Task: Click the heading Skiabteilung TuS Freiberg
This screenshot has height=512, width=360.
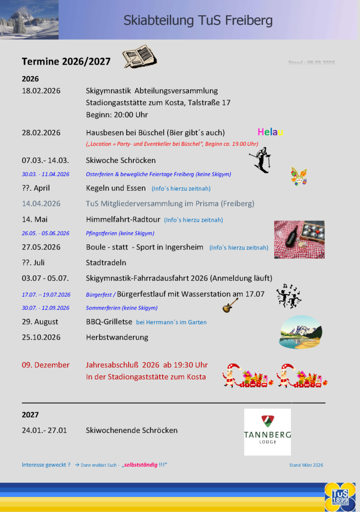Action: [198, 20]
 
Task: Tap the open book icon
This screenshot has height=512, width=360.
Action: [139, 57]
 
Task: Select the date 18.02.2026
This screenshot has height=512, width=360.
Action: [41, 91]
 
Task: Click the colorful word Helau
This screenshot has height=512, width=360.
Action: [270, 132]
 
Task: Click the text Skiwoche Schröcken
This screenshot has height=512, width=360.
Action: [121, 161]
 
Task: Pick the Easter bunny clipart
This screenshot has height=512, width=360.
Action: [298, 176]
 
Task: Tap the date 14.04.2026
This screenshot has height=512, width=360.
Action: [41, 203]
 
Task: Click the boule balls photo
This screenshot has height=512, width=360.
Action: [299, 240]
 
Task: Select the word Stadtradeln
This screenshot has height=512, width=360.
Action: [106, 262]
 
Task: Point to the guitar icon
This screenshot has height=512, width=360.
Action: [230, 305]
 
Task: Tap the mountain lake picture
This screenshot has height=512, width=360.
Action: [301, 332]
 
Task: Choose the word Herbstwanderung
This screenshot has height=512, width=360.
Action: [117, 338]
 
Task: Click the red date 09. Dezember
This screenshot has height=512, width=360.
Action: [46, 365]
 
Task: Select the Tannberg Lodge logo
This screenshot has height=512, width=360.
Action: [268, 431]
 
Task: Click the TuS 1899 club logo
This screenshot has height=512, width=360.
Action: [340, 497]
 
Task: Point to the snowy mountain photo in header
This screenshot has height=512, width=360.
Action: [29, 19]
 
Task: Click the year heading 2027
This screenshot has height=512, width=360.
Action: [30, 415]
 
